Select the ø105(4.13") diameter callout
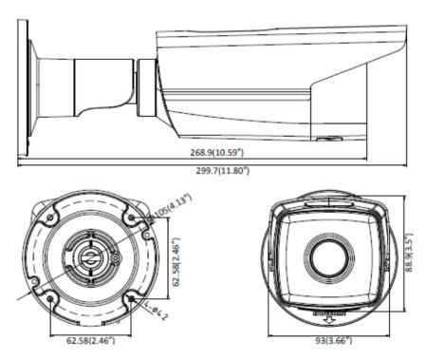click(162, 212)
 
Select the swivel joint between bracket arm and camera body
click(145, 86)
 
